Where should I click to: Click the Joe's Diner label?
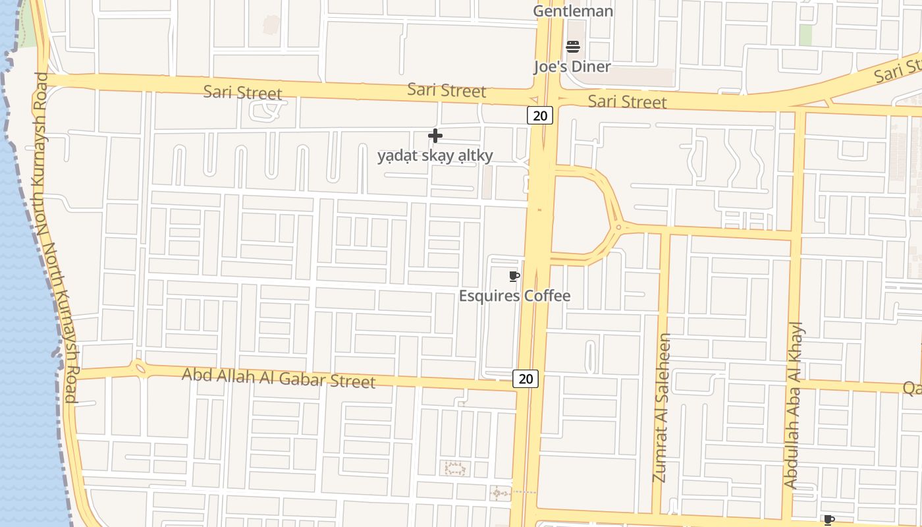click(x=572, y=67)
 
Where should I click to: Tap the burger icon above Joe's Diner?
click(x=573, y=46)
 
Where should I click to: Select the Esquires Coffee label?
click(x=514, y=296)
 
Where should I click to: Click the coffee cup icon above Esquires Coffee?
click(x=514, y=276)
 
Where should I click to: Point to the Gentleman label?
click(x=573, y=11)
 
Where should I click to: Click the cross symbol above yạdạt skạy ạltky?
click(x=435, y=136)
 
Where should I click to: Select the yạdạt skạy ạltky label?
click(x=435, y=156)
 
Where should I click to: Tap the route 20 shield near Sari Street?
click(x=539, y=116)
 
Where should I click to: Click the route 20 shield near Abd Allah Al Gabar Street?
click(x=526, y=378)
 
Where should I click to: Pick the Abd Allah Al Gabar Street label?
click(x=279, y=377)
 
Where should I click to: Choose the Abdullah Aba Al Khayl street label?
click(x=794, y=405)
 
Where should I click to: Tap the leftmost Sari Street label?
click(x=242, y=92)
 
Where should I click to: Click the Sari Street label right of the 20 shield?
click(x=627, y=101)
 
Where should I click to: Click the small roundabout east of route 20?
click(x=618, y=228)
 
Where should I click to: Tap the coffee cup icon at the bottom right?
click(x=829, y=520)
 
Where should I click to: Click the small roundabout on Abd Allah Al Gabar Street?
click(x=139, y=368)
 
